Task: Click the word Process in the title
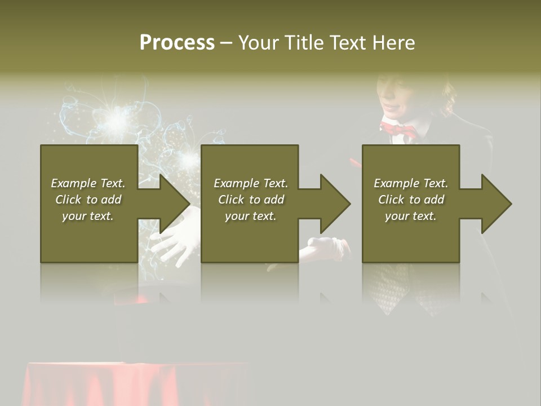point(177,43)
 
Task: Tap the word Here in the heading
point(393,43)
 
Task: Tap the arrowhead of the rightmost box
point(495,204)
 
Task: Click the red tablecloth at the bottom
point(135,383)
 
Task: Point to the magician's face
point(398,96)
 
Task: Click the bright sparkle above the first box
point(117,119)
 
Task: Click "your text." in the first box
point(88,216)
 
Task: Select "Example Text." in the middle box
point(251,183)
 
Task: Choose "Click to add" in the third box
point(411,200)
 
